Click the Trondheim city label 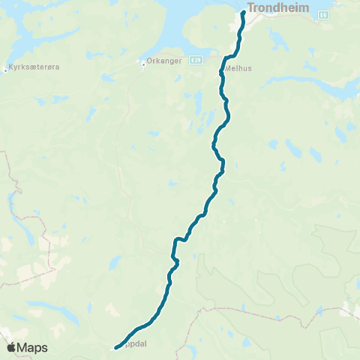pyautogui.click(x=274, y=9)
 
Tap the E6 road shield pyautogui.click(x=322, y=14)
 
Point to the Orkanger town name pyautogui.click(x=163, y=62)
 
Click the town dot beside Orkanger pyautogui.click(x=143, y=63)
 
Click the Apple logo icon pyautogui.click(x=11, y=347)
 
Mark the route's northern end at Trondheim pyautogui.click(x=244, y=13)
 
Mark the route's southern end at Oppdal pyautogui.click(x=115, y=347)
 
